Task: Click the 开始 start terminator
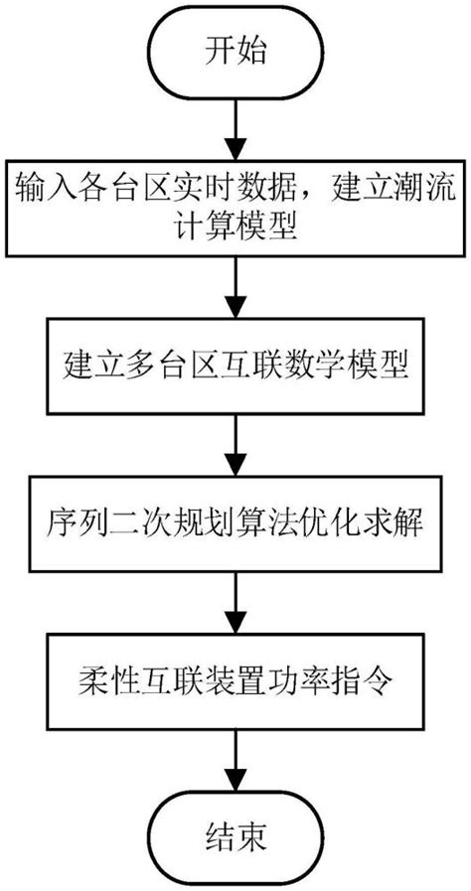tap(235, 50)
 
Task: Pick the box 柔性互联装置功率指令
tap(235, 682)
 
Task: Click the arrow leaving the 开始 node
tap(235, 122)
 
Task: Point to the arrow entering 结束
tap(235, 759)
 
